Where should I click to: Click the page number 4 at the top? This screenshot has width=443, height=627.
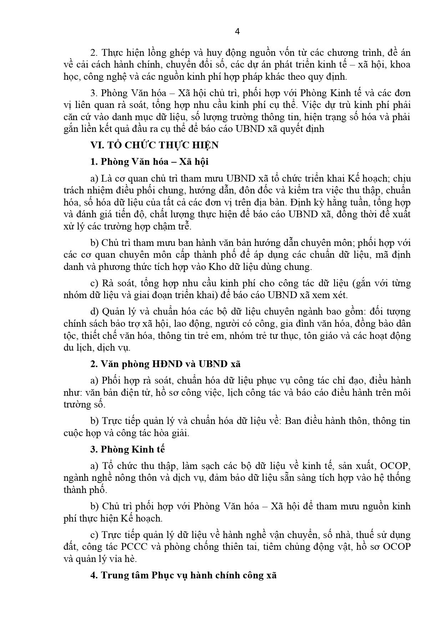[237, 31]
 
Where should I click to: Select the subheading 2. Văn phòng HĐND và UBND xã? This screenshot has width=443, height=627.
[165, 364]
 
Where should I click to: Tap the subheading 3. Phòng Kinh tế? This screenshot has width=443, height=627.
[127, 449]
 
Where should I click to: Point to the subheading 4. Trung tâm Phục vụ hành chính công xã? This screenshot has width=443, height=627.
[183, 576]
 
